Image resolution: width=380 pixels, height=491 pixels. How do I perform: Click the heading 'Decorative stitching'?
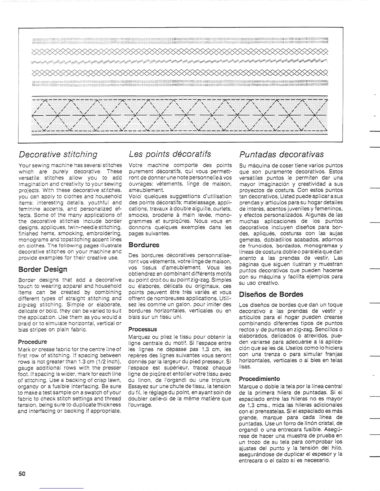click(58, 154)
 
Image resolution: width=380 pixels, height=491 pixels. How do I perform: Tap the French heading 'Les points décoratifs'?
click(170, 154)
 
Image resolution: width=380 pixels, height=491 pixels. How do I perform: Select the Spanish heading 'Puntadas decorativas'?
click(282, 154)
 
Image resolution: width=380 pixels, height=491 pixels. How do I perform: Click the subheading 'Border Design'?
click(43, 269)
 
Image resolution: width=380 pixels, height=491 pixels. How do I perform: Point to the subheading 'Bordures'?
click(144, 245)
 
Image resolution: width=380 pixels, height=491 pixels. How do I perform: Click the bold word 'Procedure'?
click(33, 342)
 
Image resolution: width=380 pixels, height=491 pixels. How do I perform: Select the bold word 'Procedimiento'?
click(259, 379)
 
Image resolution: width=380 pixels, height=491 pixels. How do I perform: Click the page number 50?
click(22, 474)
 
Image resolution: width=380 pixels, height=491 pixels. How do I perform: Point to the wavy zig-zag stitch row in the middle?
click(180, 62)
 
